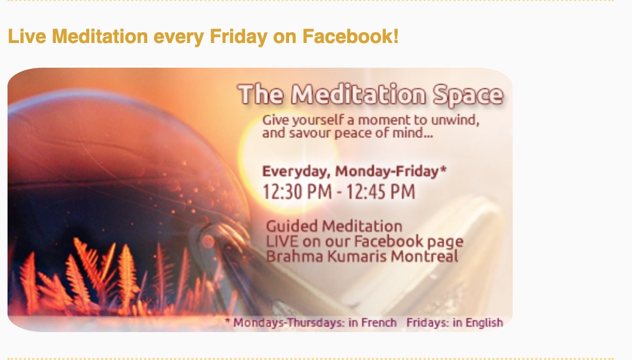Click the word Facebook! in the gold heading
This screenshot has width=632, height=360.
[350, 36]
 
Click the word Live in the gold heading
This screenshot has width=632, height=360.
[27, 36]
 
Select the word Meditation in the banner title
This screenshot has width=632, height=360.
[358, 95]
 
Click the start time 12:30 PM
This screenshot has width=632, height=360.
[297, 191]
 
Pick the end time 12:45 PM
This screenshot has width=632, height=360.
[380, 191]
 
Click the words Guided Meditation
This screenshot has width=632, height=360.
[334, 226]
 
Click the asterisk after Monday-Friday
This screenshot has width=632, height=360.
[443, 169]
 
